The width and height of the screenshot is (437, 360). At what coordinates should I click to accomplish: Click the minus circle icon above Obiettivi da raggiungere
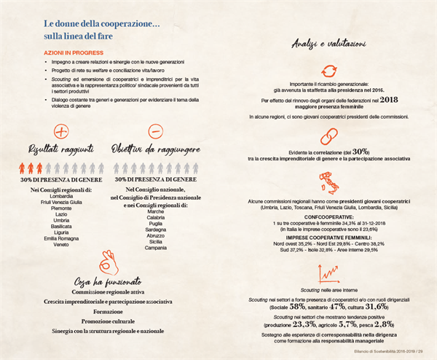pos(154,133)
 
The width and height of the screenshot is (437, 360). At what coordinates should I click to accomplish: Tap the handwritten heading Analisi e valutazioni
pos(328,46)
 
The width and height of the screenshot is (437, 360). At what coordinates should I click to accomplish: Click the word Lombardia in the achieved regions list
pos(65,197)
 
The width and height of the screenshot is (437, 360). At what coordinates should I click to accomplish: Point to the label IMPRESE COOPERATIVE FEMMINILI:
pos(329,236)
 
